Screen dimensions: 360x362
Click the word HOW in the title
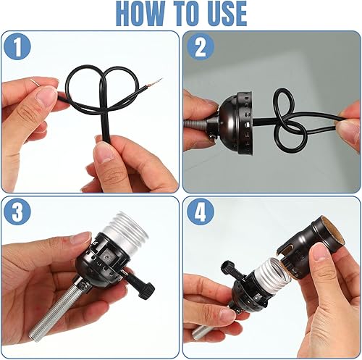[141, 14]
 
